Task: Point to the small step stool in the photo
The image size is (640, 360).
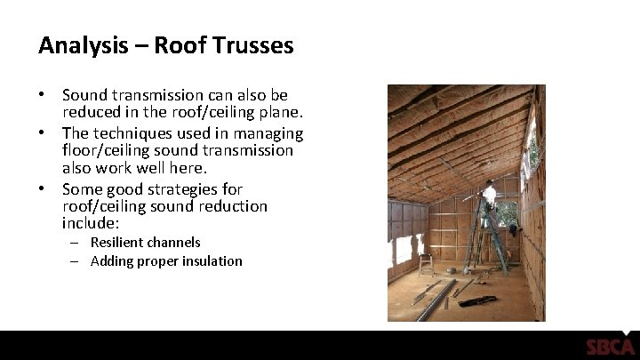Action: [x=426, y=264]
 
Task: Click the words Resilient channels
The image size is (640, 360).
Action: [x=146, y=242]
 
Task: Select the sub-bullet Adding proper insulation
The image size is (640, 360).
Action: [x=166, y=260]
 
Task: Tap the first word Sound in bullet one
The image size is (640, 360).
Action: [x=85, y=94]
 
